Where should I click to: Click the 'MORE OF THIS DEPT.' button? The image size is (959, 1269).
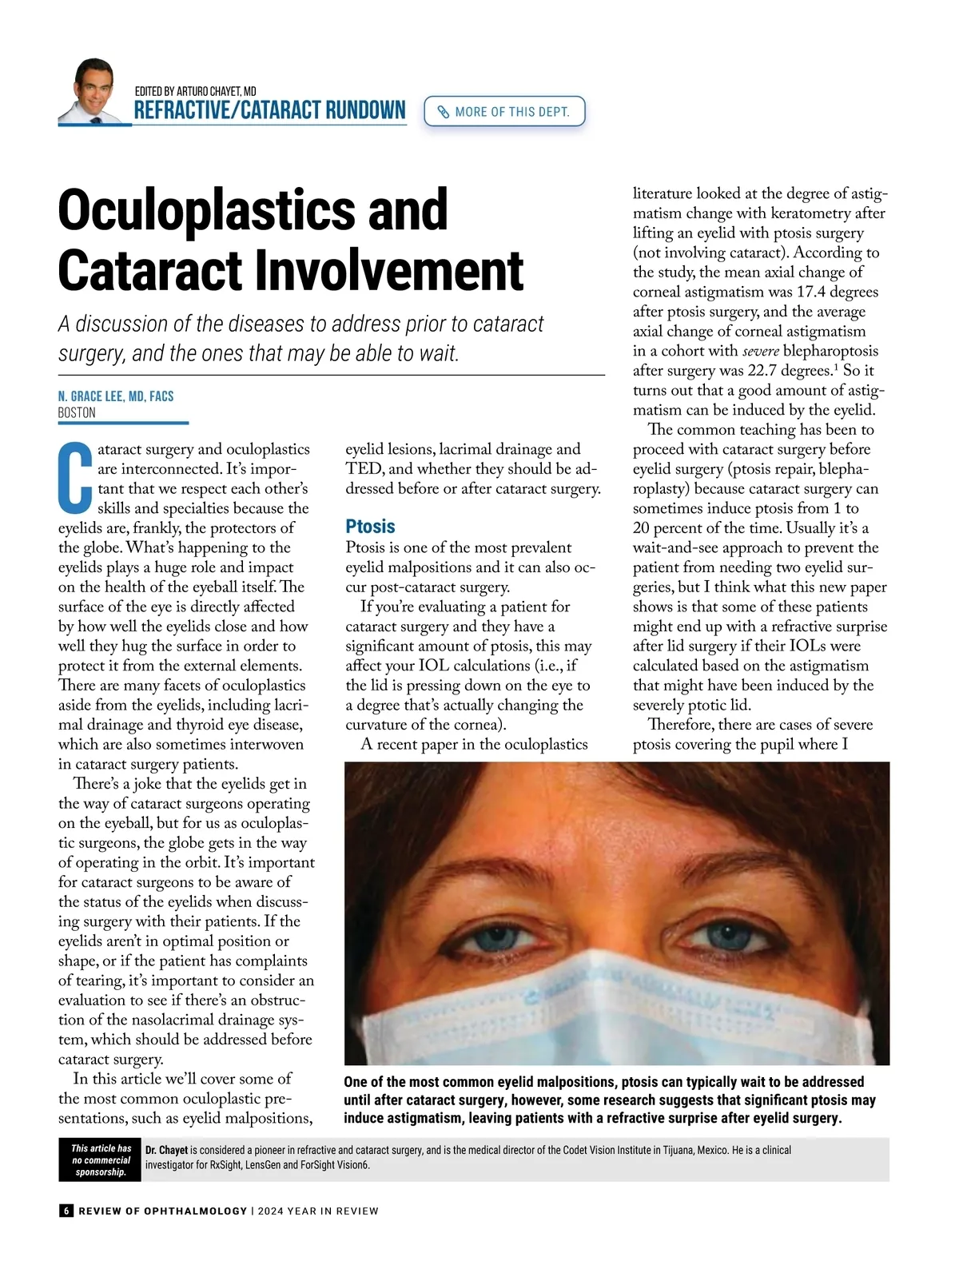coord(504,112)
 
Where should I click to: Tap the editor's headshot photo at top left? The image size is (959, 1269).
coord(94,91)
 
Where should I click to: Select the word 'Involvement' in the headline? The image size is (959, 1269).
coord(389,271)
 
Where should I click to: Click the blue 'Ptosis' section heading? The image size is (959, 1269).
coord(370,527)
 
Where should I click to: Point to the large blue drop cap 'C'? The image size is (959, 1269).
coord(76,478)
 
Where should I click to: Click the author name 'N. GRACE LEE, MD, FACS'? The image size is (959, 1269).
coord(116,396)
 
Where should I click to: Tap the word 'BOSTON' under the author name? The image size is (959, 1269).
coord(77,413)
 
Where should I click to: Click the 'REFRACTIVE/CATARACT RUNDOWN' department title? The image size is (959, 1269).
coord(269,110)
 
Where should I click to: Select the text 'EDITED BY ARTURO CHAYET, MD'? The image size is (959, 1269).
coord(196,91)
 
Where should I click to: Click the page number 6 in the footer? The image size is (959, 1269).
coord(66,1211)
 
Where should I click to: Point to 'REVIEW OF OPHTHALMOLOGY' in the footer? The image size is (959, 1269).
coord(163,1211)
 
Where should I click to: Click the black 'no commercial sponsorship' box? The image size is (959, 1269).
coord(101,1160)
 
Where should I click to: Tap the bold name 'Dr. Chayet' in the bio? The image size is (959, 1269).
coord(166,1151)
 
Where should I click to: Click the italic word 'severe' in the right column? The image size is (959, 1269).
coord(761,352)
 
